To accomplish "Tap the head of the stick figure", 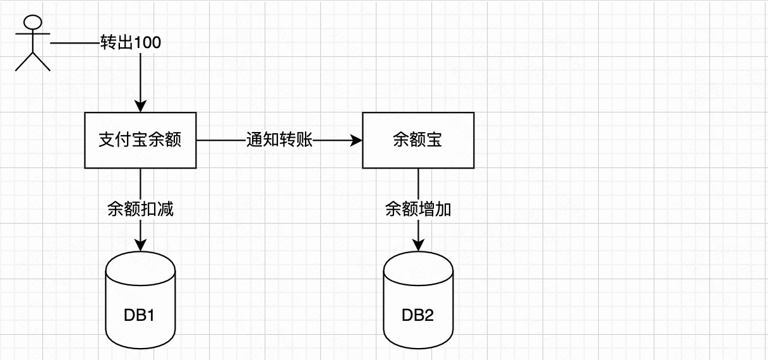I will [33, 22].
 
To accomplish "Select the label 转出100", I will [131, 43].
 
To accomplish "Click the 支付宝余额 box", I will [140, 140].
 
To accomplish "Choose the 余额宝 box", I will [417, 140].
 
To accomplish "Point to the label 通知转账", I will [279, 140].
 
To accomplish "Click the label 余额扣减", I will [140, 210].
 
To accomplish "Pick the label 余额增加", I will [417, 210].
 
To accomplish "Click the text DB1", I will [140, 315].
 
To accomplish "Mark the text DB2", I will [417, 315].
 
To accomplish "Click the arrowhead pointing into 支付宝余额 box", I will [140, 107].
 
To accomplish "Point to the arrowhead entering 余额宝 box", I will [356, 140].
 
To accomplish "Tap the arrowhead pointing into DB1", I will [140, 245].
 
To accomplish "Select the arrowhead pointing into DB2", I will [417, 245].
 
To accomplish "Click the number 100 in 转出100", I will [148, 43].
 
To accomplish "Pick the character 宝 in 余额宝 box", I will [434, 140].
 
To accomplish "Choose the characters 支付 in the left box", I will [115, 140].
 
